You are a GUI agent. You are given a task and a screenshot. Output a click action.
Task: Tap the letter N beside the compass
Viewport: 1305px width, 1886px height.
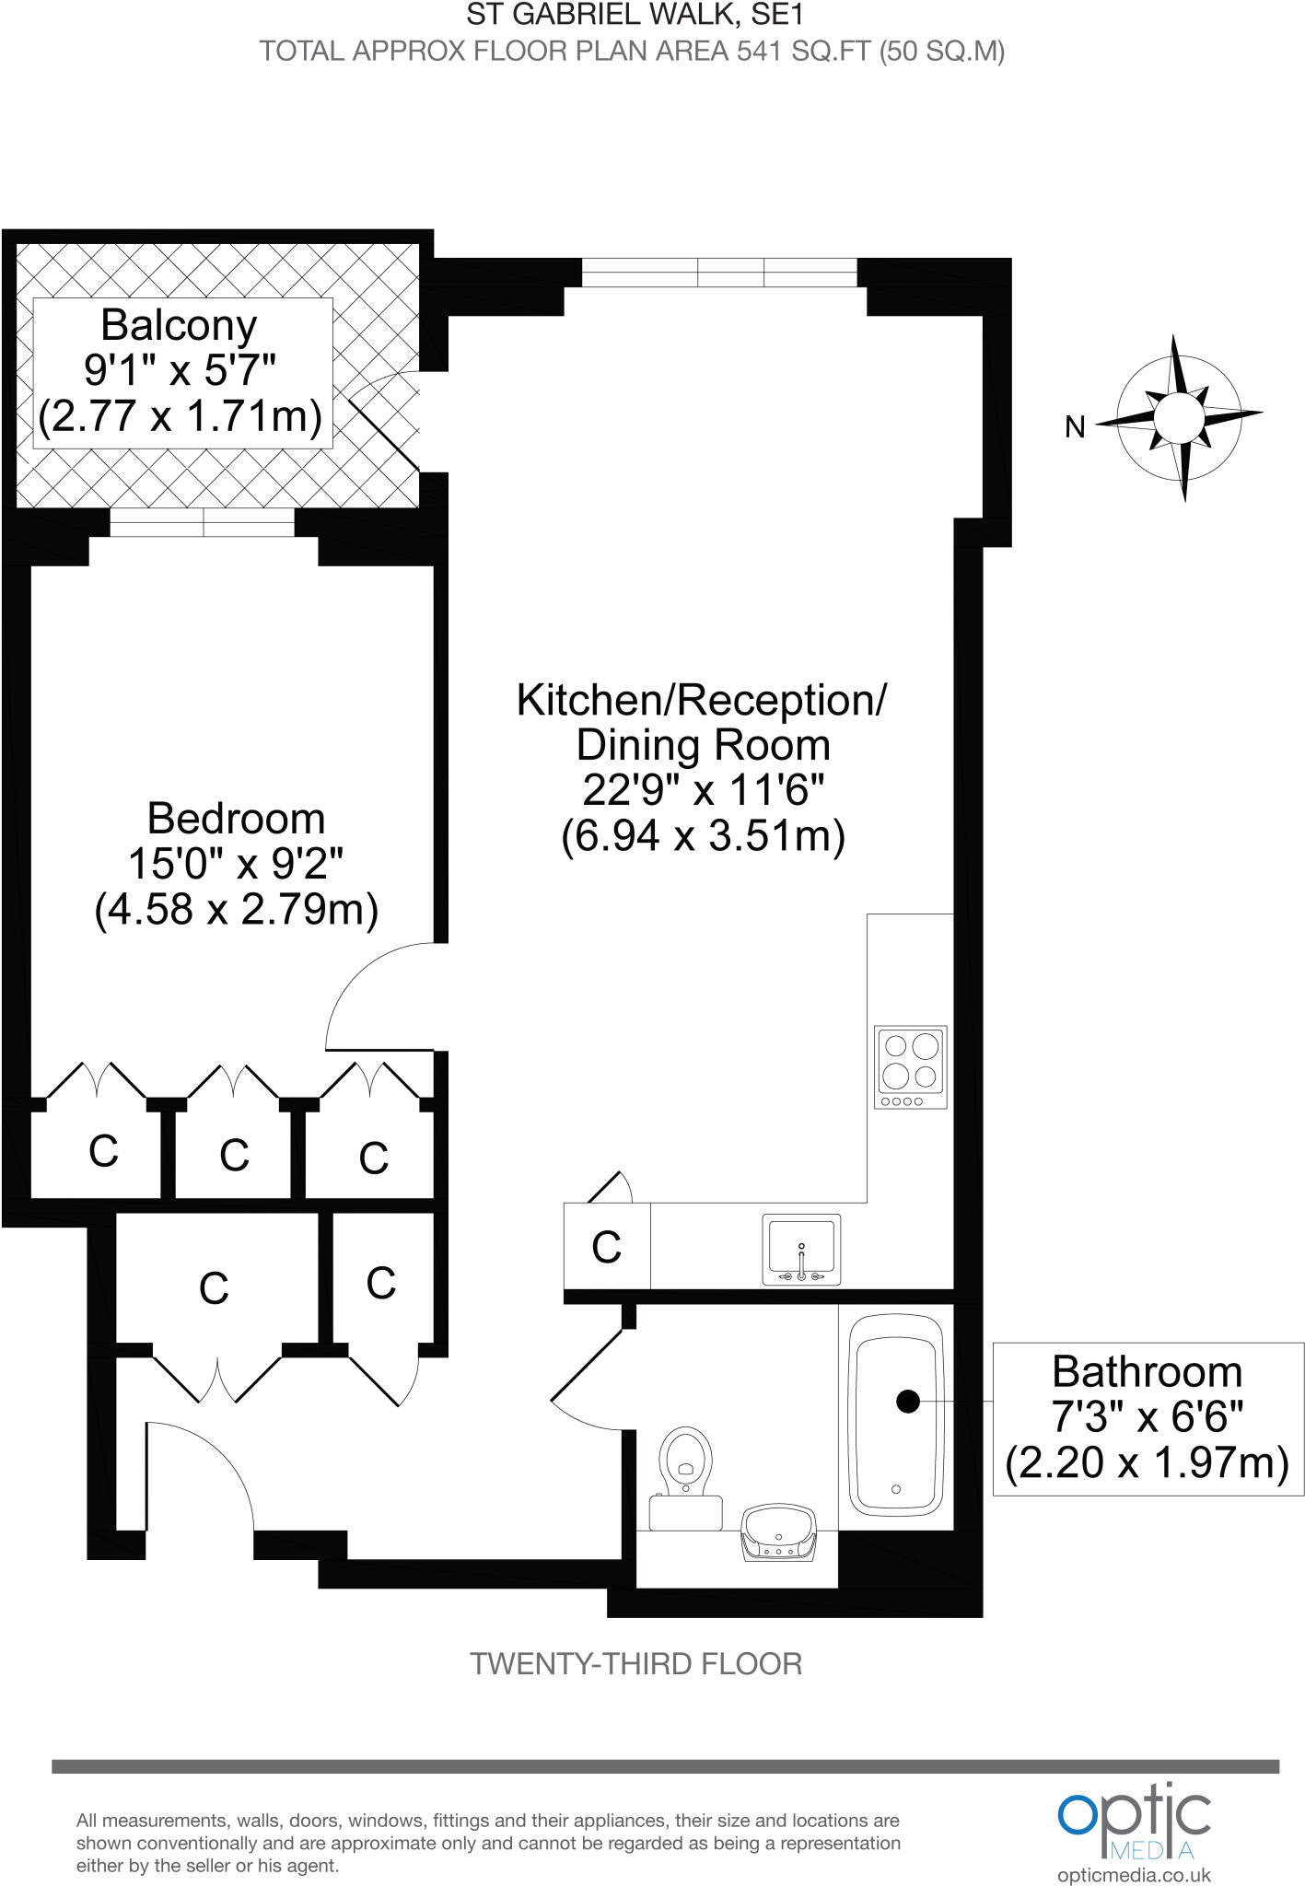coord(1075,427)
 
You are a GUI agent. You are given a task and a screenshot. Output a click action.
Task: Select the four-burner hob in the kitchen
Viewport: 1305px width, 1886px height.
coord(910,1067)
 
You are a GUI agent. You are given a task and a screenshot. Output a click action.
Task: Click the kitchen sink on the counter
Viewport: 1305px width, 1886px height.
coord(801,1251)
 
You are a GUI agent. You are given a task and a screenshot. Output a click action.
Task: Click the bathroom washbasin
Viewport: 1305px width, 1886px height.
coord(779,1534)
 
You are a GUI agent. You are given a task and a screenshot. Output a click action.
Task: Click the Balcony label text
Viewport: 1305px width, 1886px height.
coord(179,325)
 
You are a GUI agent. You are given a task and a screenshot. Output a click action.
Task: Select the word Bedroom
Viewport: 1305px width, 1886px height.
coord(236,819)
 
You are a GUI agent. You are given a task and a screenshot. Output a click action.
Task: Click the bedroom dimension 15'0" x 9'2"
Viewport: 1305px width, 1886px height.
coord(236,864)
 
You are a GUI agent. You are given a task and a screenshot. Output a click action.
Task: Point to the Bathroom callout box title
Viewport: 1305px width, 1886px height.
coord(1147,1372)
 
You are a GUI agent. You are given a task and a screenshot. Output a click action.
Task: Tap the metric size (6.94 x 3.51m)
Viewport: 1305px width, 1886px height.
coord(703,836)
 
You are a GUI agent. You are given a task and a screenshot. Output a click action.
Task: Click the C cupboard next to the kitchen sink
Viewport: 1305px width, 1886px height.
coord(606,1247)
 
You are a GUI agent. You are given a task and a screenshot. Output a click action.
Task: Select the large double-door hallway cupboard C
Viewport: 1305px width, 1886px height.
coord(214,1288)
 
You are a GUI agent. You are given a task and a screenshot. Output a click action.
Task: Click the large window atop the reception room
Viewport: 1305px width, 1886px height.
coord(719,273)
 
